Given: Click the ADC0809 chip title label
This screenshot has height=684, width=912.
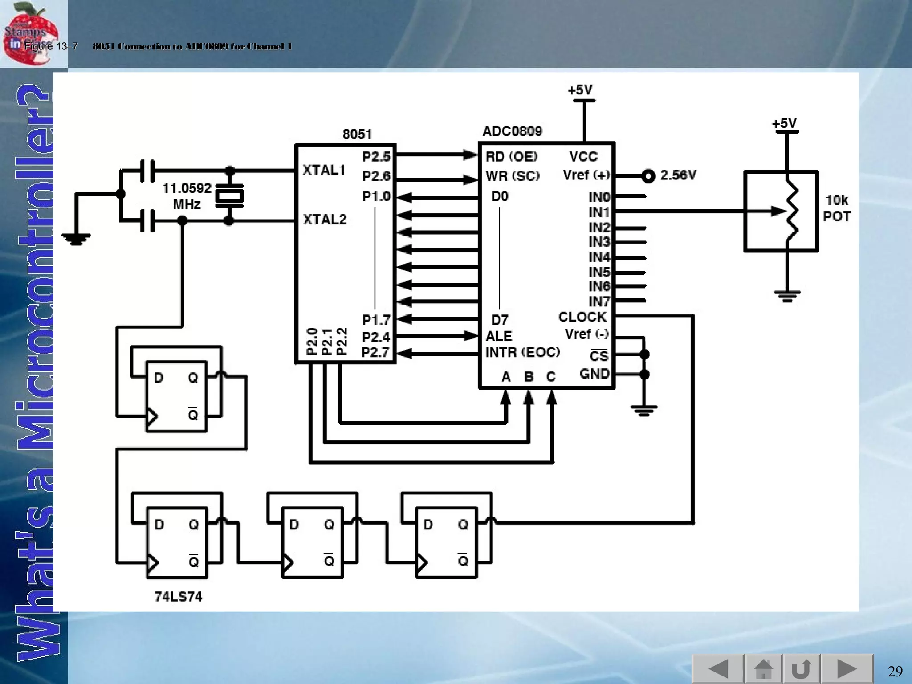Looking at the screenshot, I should pos(512,131).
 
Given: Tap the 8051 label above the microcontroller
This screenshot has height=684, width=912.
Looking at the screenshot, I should pos(357,134).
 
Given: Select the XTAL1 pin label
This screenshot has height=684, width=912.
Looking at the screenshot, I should pos(324,170).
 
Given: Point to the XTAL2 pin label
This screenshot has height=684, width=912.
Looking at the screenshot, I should pos(324,220).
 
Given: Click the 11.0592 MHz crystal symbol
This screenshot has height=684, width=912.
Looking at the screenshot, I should pos(229,195).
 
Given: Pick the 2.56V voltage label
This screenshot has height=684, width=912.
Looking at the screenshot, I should pos(678,175).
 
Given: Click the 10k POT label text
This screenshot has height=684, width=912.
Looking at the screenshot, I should pos(836,208).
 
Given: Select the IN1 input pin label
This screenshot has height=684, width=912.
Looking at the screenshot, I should pos(599,212).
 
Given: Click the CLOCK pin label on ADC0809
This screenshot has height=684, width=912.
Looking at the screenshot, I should pos(582,317).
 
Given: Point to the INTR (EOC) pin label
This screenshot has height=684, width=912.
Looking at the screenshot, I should pos(522,352).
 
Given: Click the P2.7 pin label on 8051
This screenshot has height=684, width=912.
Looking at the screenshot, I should pos(375,352).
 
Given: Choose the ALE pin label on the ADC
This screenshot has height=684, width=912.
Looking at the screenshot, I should pos(498,336).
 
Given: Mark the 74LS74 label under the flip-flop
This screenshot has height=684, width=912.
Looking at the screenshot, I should pos(178,596).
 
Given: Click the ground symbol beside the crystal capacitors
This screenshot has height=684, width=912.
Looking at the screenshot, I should pos(76,240).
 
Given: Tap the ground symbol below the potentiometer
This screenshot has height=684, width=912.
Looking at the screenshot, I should pos(787,296).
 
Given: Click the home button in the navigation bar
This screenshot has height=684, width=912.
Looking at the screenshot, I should pos(763,669).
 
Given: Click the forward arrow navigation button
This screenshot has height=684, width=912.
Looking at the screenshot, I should pos(846,669).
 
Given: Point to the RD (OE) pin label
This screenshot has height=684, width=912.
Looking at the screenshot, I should pos(511,157).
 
